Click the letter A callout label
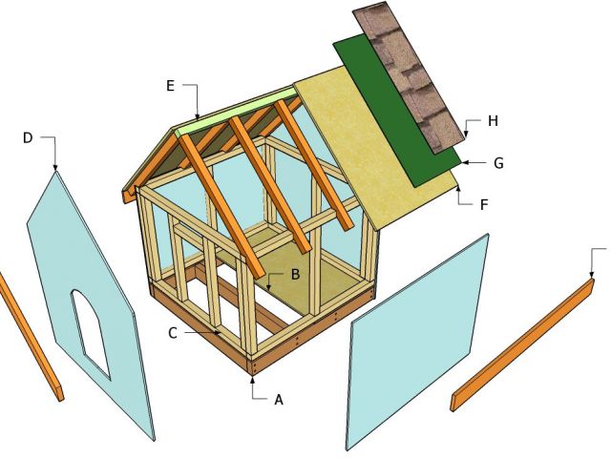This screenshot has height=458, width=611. coord(279,400)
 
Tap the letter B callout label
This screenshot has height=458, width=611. coord(296,274)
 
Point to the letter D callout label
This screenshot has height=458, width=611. coord(28,138)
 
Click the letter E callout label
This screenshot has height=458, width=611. coord(170,86)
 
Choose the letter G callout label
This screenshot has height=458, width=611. coord(498,162)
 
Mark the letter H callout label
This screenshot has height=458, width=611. coord(493,121)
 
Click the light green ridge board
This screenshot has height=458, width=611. coord(235,106)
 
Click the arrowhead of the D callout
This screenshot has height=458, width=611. coord(55,170)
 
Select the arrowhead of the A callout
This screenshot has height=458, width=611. coord(254,379)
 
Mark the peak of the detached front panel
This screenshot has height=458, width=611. coord(55,173)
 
